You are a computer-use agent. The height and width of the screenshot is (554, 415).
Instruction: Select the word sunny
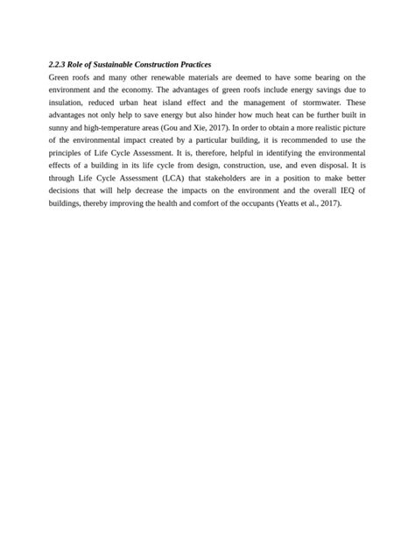click(x=60, y=128)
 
